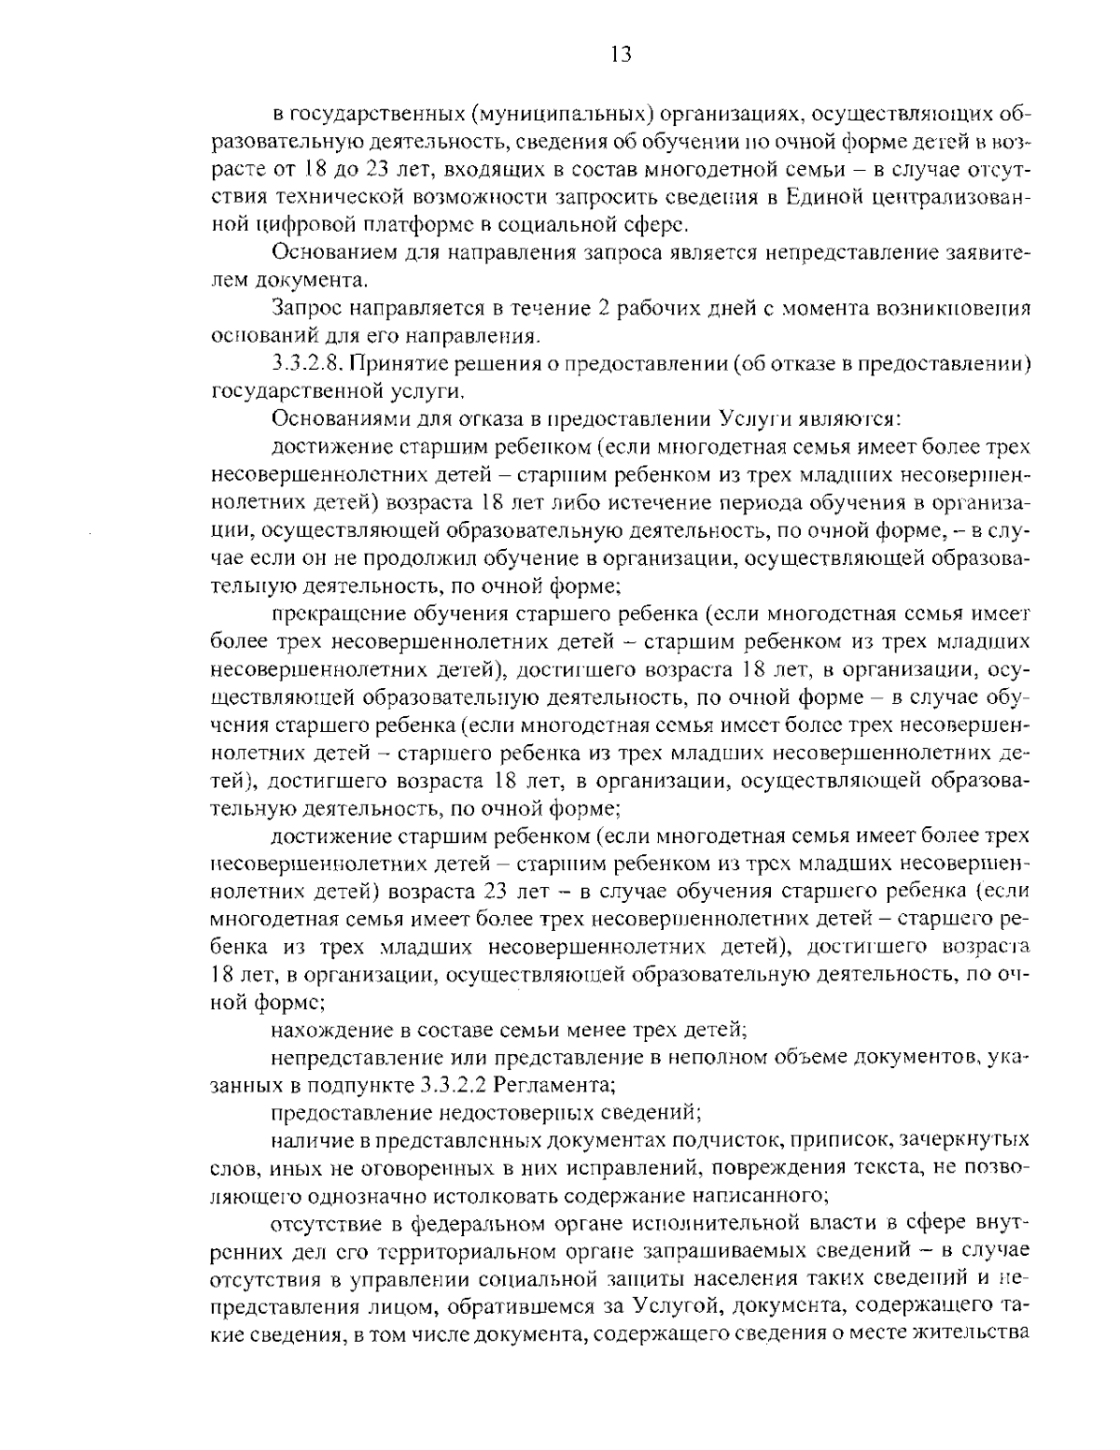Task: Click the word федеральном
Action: click(x=467, y=1223)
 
